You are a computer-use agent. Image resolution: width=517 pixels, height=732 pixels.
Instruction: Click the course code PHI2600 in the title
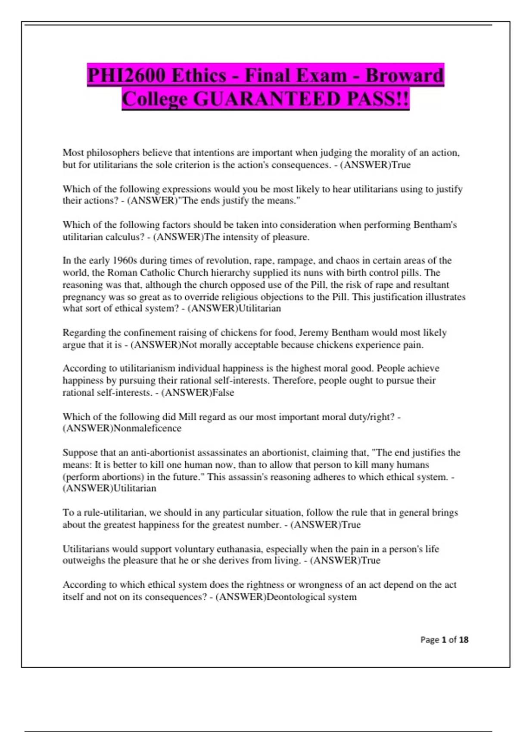(x=127, y=76)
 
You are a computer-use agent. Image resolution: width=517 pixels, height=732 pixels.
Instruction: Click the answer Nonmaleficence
(x=147, y=428)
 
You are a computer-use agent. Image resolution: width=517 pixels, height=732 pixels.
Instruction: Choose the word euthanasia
(x=240, y=549)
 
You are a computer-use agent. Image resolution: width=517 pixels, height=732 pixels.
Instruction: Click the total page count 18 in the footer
(x=463, y=640)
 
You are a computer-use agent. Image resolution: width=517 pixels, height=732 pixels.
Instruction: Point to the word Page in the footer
(x=430, y=640)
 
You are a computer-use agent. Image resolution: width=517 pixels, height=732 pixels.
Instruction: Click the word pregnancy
(x=84, y=297)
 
